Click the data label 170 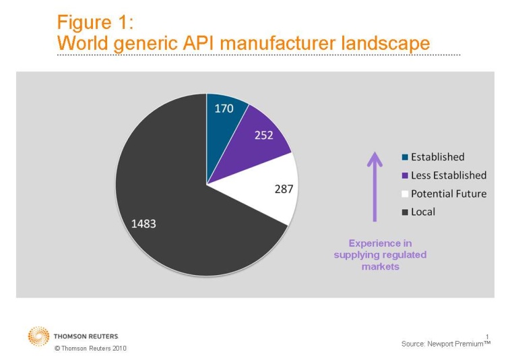point(224,108)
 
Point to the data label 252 point(263,135)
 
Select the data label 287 point(284,189)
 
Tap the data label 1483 point(143,223)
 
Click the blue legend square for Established point(404,157)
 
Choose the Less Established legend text point(448,175)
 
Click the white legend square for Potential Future point(404,194)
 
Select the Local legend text point(423,212)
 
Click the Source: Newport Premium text point(445,344)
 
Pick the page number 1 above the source point(486,336)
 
